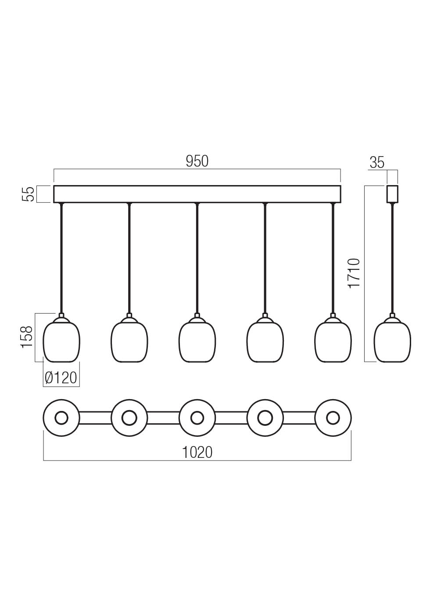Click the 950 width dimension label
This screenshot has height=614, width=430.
197,161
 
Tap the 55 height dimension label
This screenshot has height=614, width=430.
28,194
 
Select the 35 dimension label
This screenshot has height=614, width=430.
377,162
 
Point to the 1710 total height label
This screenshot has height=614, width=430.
354,273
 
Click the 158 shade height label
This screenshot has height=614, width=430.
27,337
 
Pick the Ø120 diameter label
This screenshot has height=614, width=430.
61,378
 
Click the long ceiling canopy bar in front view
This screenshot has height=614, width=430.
197,194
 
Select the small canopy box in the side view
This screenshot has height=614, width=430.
392,194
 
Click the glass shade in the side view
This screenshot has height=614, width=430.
392,340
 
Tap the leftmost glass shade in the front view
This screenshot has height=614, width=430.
61,340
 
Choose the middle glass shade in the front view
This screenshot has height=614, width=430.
197,340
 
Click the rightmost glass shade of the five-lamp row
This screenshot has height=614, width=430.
333,340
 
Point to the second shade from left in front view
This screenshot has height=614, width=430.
129,340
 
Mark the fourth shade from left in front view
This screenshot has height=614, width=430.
265,340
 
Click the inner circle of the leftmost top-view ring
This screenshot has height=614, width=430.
61,418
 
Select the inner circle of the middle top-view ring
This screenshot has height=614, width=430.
197,418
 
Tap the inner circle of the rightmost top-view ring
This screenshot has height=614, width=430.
333,418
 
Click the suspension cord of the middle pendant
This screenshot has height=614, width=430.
197,258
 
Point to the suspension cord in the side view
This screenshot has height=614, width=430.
392,258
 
